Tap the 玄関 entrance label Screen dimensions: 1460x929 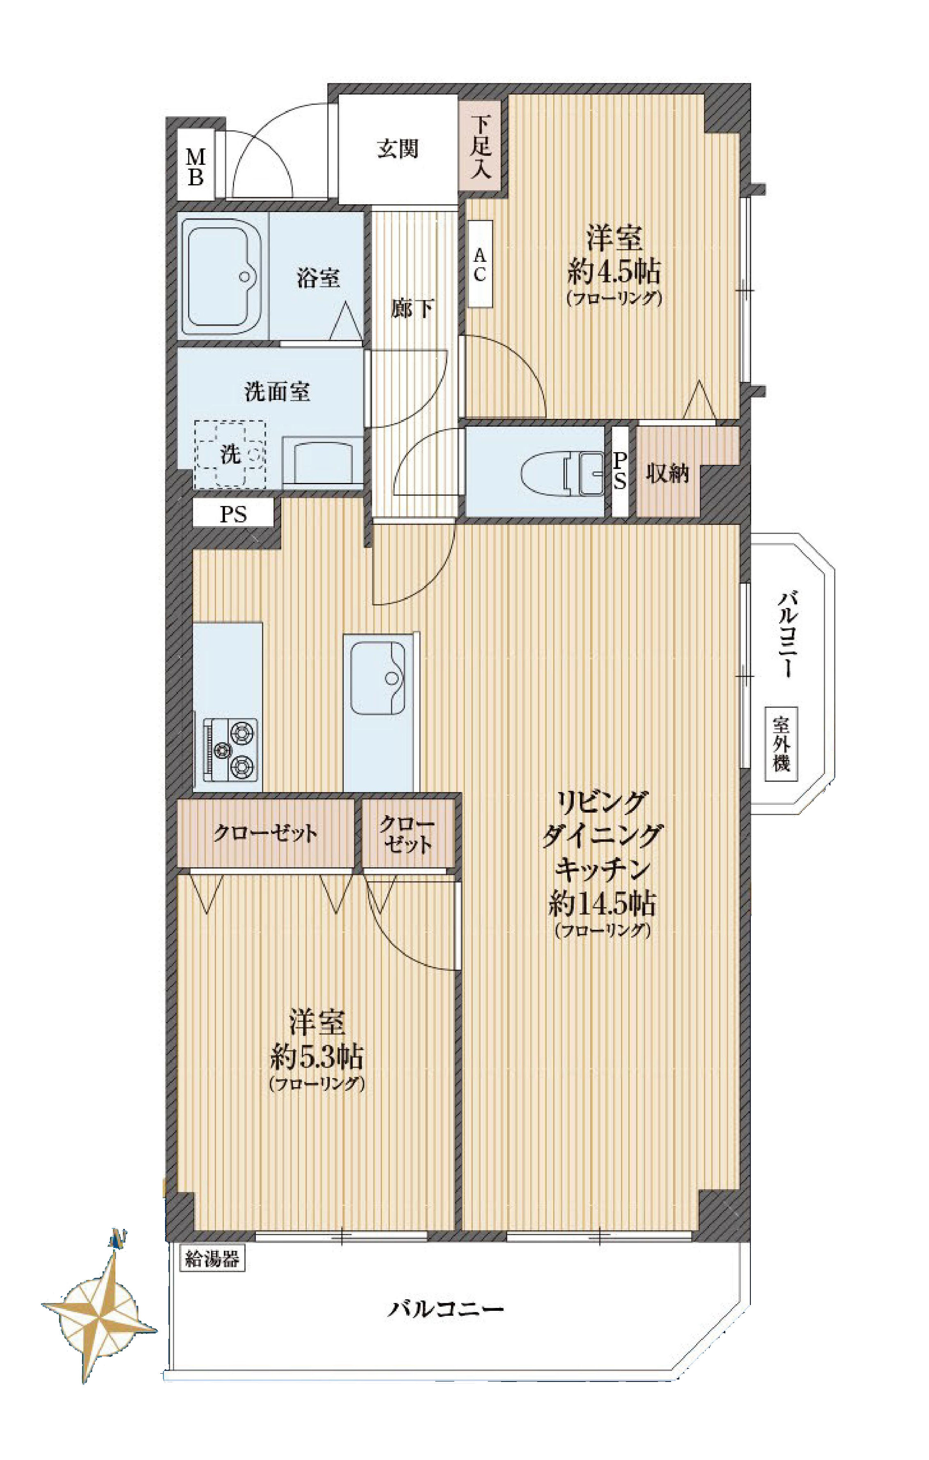click(398, 148)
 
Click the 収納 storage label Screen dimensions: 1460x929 click(667, 474)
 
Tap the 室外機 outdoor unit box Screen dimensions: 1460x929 click(781, 744)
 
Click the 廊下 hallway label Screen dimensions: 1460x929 click(412, 309)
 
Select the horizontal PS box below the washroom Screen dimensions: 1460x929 click(233, 514)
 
